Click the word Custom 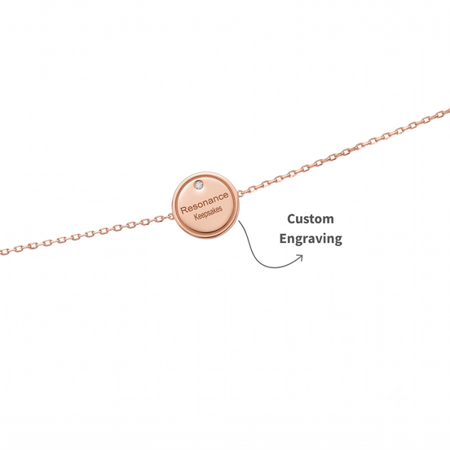(311, 219)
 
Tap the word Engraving (311, 239)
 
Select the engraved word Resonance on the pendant (205, 203)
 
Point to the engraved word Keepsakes (208, 213)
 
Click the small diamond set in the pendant (198, 185)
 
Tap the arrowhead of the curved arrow (301, 257)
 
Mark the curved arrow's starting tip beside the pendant (239, 221)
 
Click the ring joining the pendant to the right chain (240, 193)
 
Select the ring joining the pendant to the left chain (170, 217)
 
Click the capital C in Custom (291, 219)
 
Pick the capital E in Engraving (284, 238)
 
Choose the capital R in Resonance (183, 210)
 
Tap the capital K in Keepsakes (196, 217)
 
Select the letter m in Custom (328, 220)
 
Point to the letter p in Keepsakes (208, 214)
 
